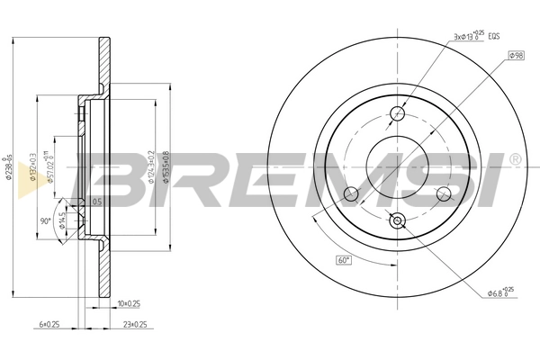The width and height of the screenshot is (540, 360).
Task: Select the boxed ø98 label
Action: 516,56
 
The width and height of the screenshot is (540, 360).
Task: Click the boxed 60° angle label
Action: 344,260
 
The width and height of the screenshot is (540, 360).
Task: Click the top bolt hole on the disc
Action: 399,113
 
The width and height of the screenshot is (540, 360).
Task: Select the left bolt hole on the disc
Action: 352,194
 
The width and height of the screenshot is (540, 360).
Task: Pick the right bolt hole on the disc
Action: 443,193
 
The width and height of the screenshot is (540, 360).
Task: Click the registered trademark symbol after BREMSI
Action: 514,160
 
